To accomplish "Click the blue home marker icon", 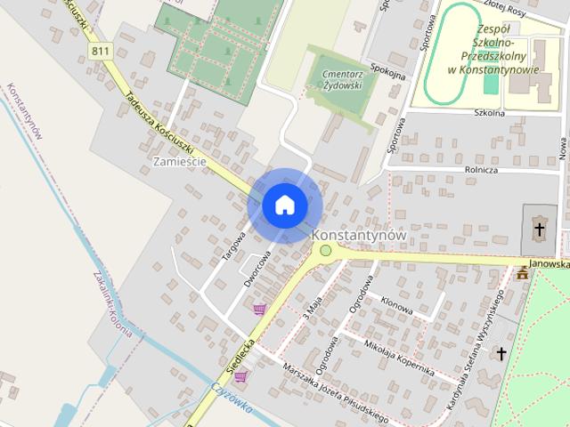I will [284, 205].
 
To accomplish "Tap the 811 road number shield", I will [101, 51].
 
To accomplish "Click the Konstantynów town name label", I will [359, 235].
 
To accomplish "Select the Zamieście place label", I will [180, 162].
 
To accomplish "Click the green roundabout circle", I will [326, 251].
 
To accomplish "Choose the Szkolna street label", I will [490, 113].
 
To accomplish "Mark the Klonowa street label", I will [396, 305].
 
